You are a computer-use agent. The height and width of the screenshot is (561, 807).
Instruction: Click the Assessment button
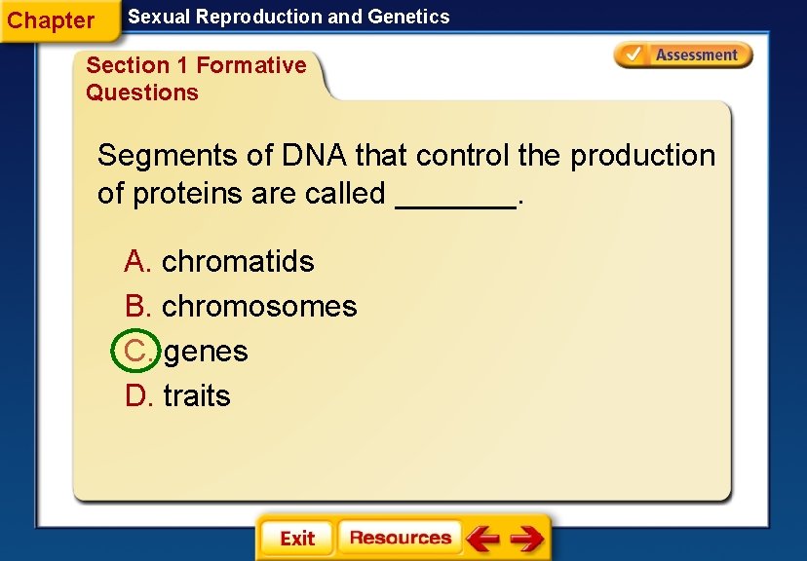pos(683,56)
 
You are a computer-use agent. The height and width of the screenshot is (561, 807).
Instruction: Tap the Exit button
pos(296,538)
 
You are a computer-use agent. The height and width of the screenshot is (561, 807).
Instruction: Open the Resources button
pos(400,538)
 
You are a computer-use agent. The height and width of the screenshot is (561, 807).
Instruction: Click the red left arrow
pos(482,538)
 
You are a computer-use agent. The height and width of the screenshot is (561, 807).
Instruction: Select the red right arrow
pos(527,538)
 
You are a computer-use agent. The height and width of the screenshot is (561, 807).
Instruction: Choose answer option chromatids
pos(238,261)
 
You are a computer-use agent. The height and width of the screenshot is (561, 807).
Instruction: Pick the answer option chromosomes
pos(259,306)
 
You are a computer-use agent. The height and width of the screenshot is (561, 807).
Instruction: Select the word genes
pos(206,351)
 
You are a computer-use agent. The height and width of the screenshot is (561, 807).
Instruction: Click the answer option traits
pos(197,395)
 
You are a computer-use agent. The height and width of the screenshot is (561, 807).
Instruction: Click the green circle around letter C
pos(134,351)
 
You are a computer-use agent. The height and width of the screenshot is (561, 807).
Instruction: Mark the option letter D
pos(137,395)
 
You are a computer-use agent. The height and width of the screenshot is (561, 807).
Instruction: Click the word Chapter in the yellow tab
pos(51,20)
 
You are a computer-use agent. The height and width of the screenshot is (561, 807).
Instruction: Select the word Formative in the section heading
pos(251,65)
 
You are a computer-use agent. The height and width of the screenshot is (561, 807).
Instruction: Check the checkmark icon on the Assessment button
pos(634,55)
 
